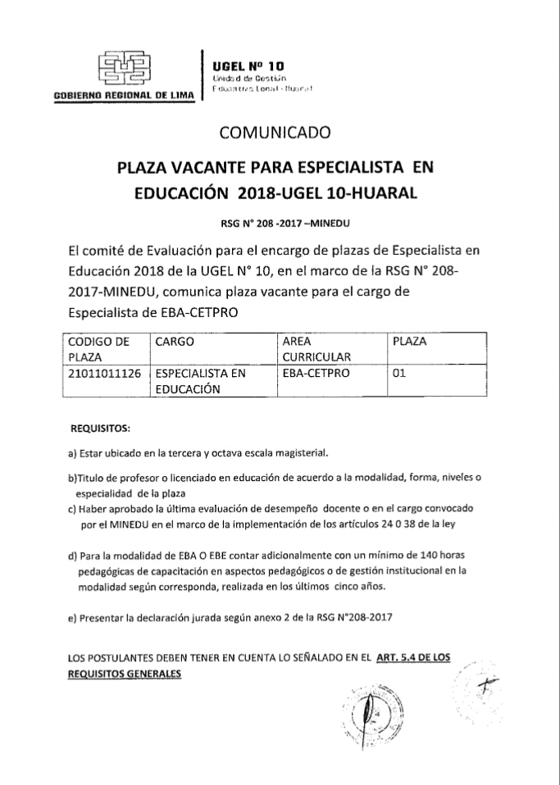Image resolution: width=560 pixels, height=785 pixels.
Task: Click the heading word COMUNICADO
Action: pos(275,131)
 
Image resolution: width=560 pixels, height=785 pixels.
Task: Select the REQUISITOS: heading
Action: pos(101,428)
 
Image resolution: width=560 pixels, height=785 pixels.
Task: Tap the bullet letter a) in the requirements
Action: pos(71,452)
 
